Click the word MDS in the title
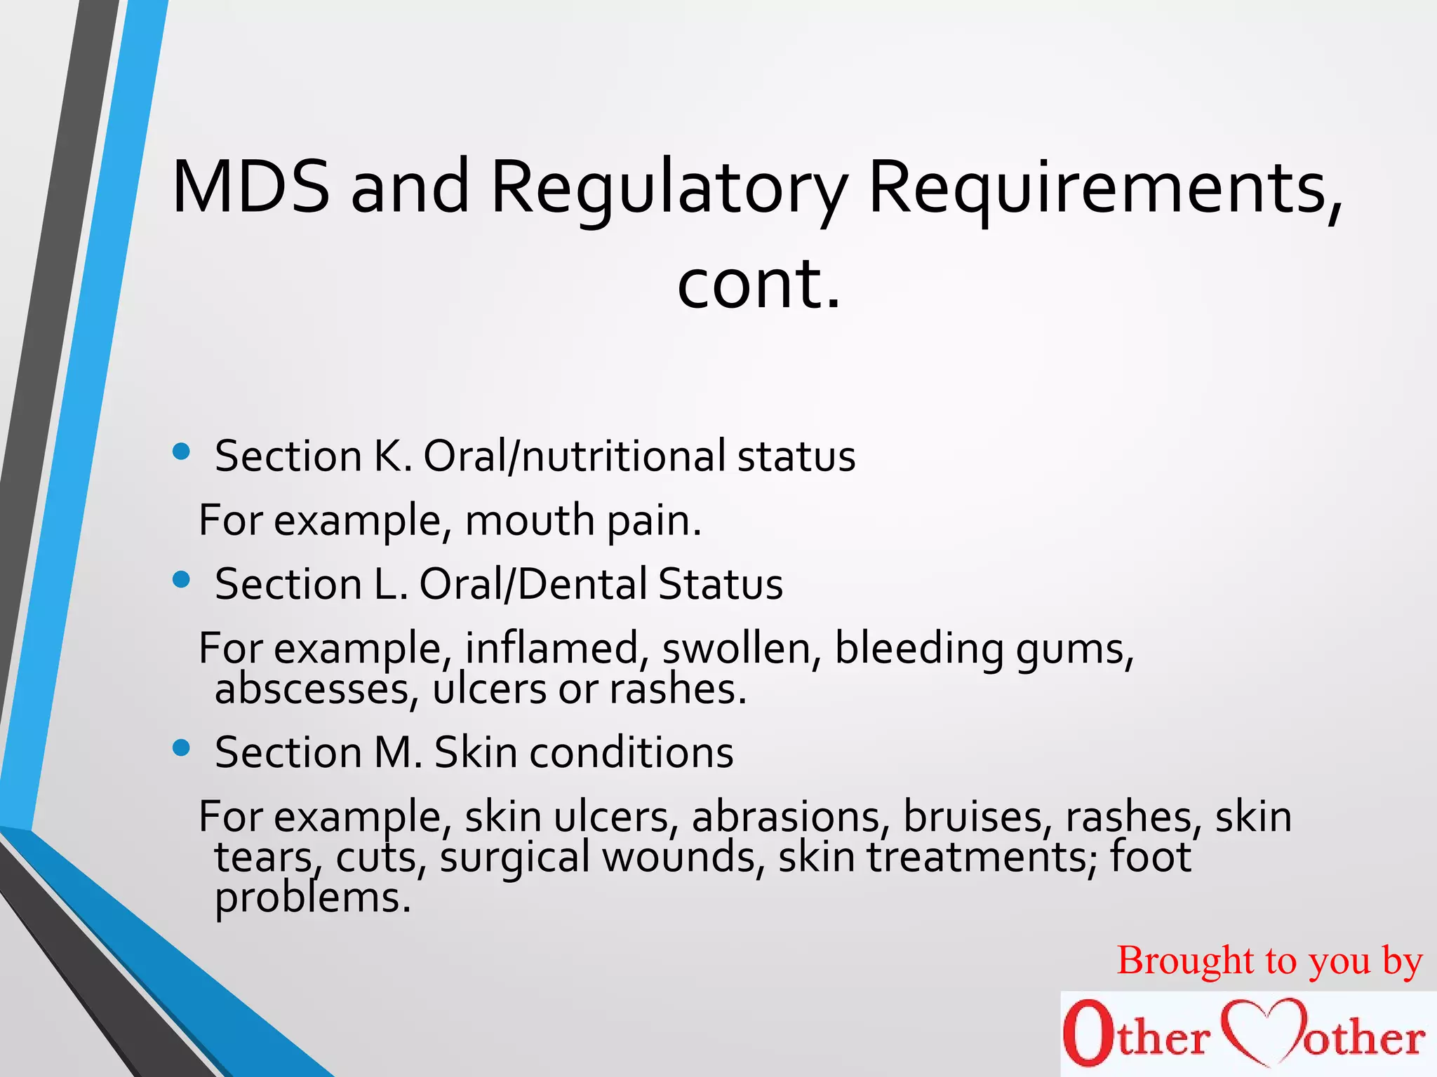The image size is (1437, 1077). coord(250,187)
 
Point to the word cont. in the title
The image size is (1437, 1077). coord(758,283)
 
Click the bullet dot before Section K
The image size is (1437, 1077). coord(181,452)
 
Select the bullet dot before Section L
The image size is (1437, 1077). coord(181,580)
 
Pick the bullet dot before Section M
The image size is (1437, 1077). coord(181,748)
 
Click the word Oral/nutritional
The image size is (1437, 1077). coord(575,456)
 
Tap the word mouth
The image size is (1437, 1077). coord(530,520)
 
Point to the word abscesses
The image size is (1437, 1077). coord(312,689)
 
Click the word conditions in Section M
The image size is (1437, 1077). coord(631,752)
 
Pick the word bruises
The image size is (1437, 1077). coord(978,817)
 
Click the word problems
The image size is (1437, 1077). coord(312,898)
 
